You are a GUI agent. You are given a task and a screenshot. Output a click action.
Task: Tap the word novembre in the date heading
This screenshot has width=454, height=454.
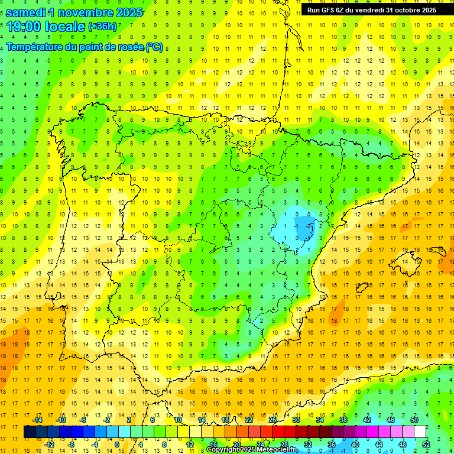click(92, 12)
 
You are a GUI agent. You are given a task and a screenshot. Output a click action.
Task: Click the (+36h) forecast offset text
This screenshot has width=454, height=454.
click(102, 27)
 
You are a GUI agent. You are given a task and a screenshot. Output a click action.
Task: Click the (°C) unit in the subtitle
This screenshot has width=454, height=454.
click(154, 47)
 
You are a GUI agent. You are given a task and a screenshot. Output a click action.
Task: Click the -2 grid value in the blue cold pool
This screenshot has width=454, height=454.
click(308, 226)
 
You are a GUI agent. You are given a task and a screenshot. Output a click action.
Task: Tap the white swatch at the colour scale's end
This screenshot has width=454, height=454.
click(420, 432)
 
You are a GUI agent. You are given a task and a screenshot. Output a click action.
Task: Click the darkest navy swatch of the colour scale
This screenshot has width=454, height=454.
click(30, 432)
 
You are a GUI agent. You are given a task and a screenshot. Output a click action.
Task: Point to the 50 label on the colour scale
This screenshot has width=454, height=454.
click(414, 420)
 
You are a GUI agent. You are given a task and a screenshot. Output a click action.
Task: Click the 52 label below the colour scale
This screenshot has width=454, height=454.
click(426, 444)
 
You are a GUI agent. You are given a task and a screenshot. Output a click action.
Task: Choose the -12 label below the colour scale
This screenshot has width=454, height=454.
click(49, 444)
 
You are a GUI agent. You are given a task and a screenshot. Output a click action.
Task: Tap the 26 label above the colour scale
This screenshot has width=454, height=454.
click(273, 420)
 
